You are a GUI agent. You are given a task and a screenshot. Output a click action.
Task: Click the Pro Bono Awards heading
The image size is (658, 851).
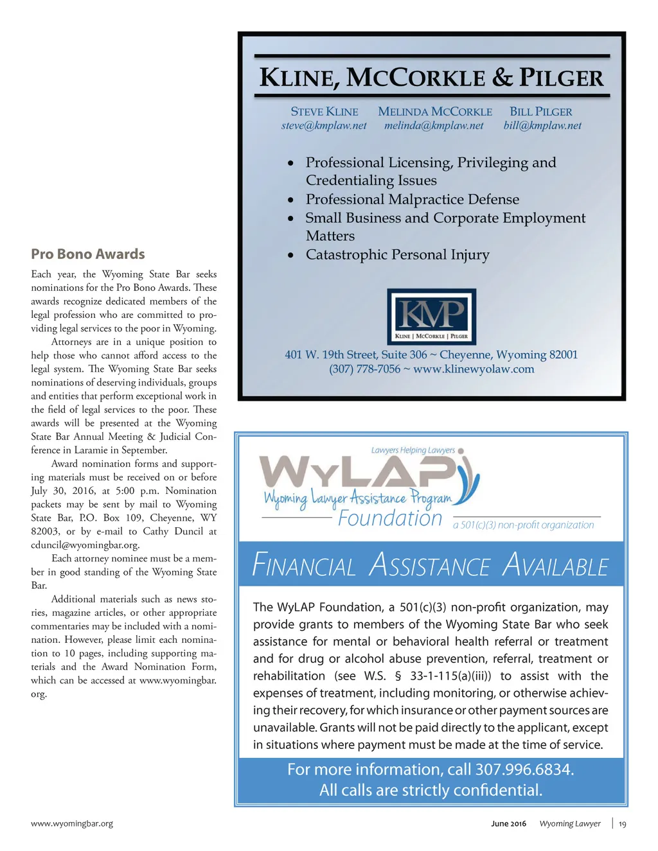coord(88,254)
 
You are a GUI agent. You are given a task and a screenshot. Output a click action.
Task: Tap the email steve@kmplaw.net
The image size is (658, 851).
coord(324,126)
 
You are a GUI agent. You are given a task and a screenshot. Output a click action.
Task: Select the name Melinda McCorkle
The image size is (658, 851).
coord(435,112)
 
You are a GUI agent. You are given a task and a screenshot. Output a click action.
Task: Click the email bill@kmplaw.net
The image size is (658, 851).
coord(542,126)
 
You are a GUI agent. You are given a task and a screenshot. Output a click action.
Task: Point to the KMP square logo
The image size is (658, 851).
coord(431,317)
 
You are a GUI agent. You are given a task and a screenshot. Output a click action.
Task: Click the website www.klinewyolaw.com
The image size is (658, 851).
coord(474,369)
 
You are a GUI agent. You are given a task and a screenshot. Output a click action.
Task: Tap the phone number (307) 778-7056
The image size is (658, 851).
coord(364,369)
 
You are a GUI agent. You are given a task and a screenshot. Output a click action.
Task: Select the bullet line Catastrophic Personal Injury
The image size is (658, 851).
coord(397,255)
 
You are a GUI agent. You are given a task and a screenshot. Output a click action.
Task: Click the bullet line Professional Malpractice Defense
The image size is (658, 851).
coord(412,200)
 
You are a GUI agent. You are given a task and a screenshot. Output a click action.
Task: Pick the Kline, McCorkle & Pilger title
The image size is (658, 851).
coord(431,78)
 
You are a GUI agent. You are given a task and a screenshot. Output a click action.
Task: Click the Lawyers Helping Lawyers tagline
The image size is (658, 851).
coord(413,450)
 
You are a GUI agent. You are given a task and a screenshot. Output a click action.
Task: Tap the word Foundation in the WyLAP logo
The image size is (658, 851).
coord(390,518)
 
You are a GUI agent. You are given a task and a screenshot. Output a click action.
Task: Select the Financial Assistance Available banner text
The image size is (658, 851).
coord(431,565)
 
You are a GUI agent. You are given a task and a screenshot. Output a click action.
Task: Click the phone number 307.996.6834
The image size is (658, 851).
coord(524,769)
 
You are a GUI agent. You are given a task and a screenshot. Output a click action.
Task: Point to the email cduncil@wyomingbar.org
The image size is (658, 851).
coord(85,545)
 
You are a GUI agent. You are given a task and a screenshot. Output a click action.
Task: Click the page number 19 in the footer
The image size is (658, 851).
coord(623,824)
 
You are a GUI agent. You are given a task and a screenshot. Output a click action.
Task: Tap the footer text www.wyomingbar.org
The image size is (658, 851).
coord(72,823)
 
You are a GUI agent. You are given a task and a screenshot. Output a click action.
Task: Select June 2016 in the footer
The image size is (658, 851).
coord(508,824)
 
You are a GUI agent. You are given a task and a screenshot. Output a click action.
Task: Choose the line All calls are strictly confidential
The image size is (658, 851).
coord(431,790)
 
